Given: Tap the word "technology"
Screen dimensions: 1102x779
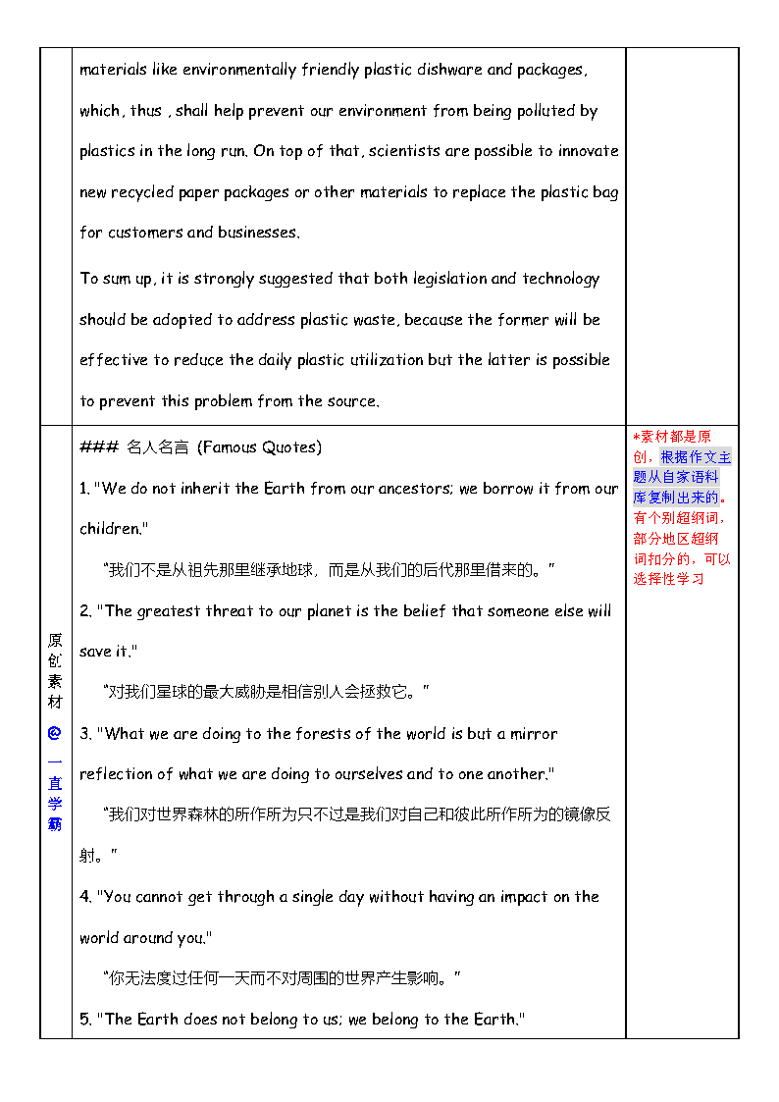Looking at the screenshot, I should [560, 279].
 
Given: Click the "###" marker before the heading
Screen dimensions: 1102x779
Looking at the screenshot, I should [98, 447].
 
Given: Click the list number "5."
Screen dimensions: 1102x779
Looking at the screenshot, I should [85, 1020].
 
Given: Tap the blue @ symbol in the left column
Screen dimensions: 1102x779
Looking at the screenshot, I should [55, 732].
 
